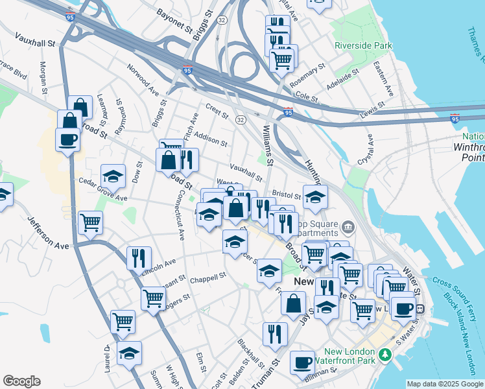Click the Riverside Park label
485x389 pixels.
(x=364, y=46)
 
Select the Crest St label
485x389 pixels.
(x=217, y=112)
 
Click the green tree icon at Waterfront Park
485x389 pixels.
(x=386, y=355)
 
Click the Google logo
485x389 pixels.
(x=21, y=381)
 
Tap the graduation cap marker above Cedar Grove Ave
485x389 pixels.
(x=113, y=176)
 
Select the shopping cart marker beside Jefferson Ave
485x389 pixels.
(x=90, y=222)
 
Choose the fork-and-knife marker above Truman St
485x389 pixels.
(x=275, y=334)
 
